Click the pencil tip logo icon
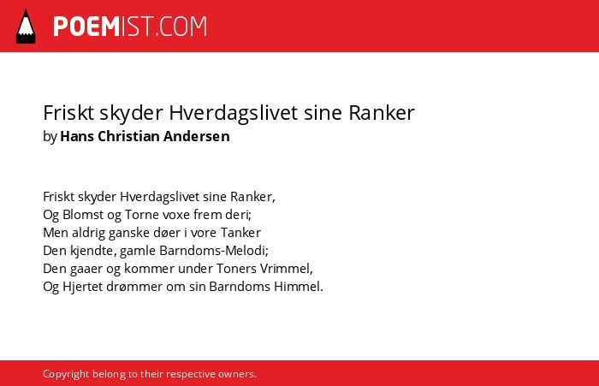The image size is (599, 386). (x=26, y=26)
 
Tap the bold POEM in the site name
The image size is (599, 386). (x=86, y=27)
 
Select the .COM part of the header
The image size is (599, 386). (x=181, y=27)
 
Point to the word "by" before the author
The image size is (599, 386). (x=50, y=136)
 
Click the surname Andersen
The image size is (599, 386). (x=197, y=136)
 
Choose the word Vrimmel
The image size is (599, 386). (x=286, y=269)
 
